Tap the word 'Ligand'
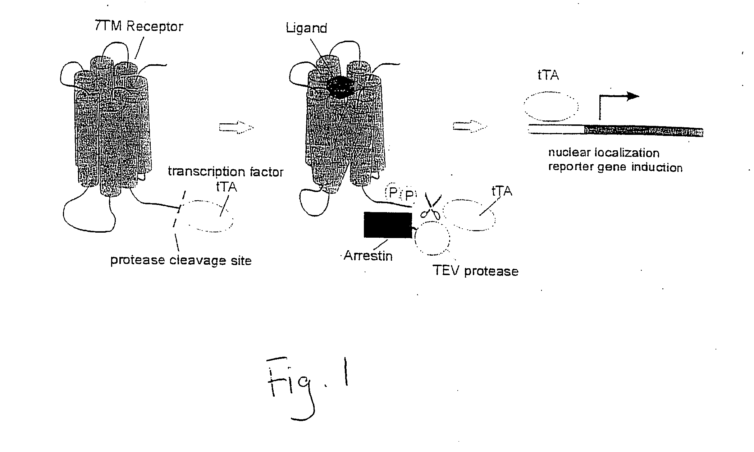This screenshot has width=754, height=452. click(x=306, y=28)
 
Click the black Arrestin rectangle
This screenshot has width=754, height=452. click(x=388, y=225)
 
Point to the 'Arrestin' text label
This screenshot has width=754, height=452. click(x=368, y=256)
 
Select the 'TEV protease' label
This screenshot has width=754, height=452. click(x=475, y=271)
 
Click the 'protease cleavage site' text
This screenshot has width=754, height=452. click(x=181, y=260)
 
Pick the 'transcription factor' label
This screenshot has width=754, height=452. click(x=226, y=172)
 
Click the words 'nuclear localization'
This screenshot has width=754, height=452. click(x=604, y=153)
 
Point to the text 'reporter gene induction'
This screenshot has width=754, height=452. click(x=615, y=168)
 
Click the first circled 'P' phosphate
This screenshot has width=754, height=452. click(x=393, y=194)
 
